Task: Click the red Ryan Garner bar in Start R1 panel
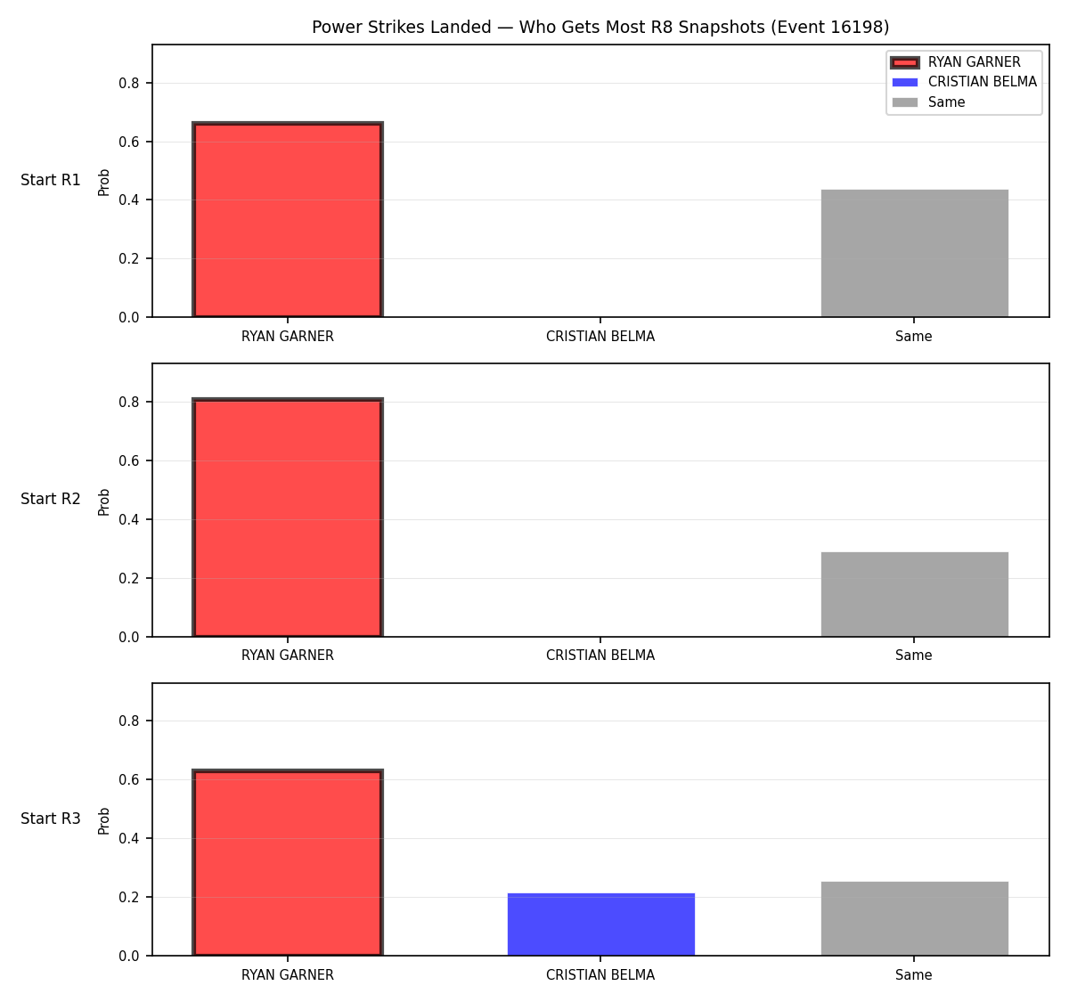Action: (x=288, y=220)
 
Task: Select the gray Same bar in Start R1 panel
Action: (x=914, y=253)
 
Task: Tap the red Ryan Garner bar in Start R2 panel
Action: (x=288, y=517)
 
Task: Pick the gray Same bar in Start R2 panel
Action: (x=914, y=594)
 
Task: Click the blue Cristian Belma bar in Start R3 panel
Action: (x=600, y=925)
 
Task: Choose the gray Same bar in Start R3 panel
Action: (x=914, y=918)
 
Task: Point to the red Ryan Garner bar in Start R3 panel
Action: (x=288, y=862)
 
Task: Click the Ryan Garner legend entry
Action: (x=955, y=62)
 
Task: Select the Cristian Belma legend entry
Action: (x=964, y=82)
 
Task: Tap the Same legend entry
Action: (x=928, y=102)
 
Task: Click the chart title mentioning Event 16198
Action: (x=600, y=27)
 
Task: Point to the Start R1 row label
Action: (x=51, y=180)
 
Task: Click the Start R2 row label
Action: (x=51, y=499)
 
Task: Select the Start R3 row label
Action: (x=51, y=819)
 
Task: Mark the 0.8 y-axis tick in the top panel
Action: (x=128, y=84)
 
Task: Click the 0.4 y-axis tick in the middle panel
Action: (x=128, y=519)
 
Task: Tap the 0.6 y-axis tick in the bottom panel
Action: (x=128, y=779)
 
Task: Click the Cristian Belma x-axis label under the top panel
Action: (x=600, y=337)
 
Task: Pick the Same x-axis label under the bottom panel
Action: (x=914, y=975)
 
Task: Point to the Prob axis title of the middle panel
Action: (x=104, y=502)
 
